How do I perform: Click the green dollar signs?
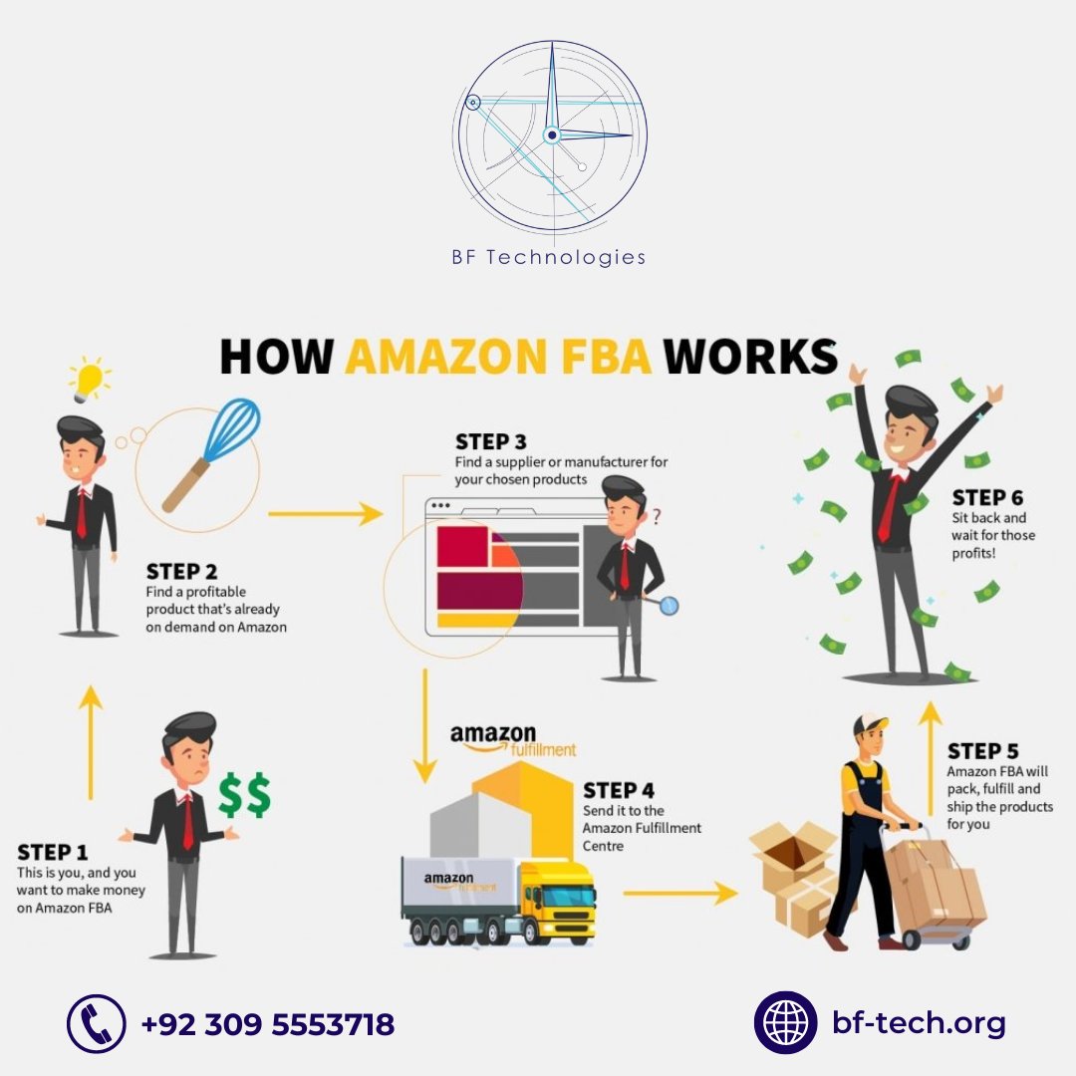(245, 794)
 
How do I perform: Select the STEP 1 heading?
(52, 853)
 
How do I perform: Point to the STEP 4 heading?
(619, 790)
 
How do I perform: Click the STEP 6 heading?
(987, 497)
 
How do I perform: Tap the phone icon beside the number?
(97, 1023)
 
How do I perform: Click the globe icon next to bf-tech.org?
(786, 1022)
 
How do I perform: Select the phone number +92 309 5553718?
(268, 1023)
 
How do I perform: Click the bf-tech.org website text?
(919, 1022)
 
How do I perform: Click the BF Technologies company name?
(549, 258)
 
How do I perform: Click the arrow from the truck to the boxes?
(679, 893)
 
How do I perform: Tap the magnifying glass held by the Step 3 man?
(669, 604)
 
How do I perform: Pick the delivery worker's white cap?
(872, 722)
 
